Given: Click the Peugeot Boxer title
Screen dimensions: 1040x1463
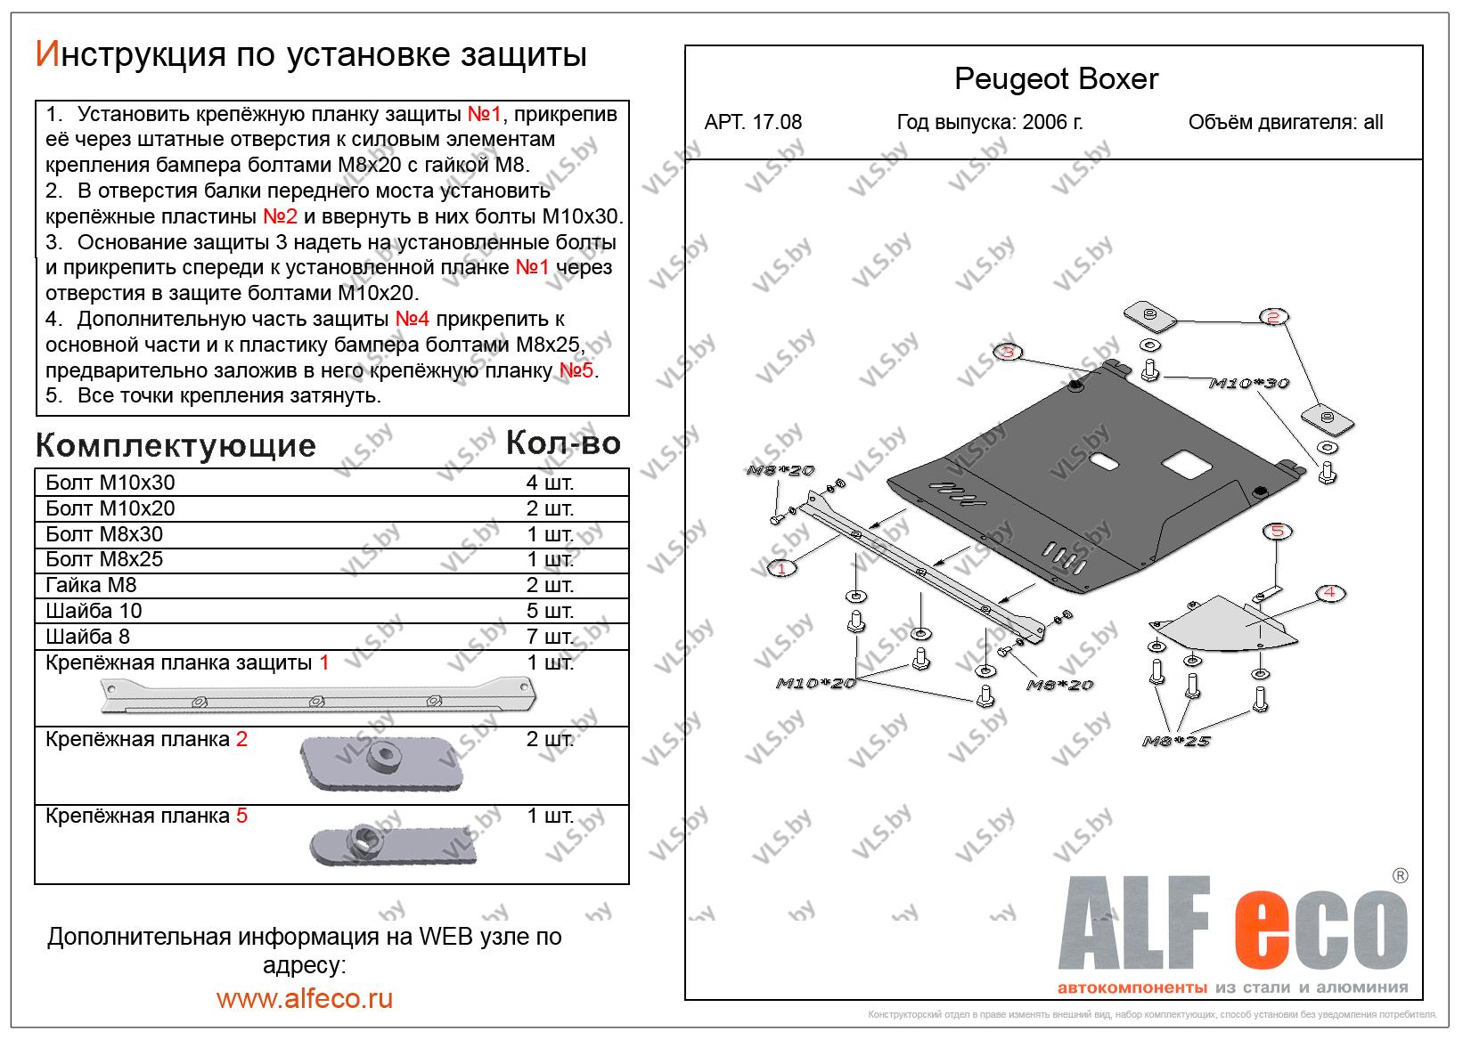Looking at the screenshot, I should [x=1056, y=79].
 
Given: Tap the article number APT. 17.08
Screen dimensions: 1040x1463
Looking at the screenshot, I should [x=753, y=123].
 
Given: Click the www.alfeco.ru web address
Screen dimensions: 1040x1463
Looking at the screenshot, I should [x=304, y=998].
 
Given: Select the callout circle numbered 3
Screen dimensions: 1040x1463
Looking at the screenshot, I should [x=1007, y=353].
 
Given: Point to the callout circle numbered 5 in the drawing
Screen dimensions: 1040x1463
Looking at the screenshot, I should [x=1278, y=532].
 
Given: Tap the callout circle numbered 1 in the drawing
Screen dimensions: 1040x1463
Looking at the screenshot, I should [x=781, y=568].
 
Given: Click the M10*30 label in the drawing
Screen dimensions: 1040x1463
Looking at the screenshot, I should [x=1248, y=383].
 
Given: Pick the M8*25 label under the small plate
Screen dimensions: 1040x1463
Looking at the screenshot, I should [x=1177, y=740].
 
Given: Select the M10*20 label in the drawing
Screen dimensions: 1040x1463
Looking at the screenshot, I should [x=815, y=683].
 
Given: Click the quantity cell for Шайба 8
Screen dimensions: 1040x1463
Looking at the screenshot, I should [x=550, y=637].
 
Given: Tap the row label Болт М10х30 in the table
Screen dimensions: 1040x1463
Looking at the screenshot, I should [x=110, y=483].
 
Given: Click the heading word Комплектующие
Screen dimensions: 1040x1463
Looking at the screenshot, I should [x=176, y=445].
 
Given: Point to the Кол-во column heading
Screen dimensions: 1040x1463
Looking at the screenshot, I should [x=563, y=443].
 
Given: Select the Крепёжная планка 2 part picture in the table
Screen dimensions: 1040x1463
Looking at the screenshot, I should [x=381, y=763].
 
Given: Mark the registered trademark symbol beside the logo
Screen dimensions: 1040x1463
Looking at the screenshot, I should [x=1400, y=875].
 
